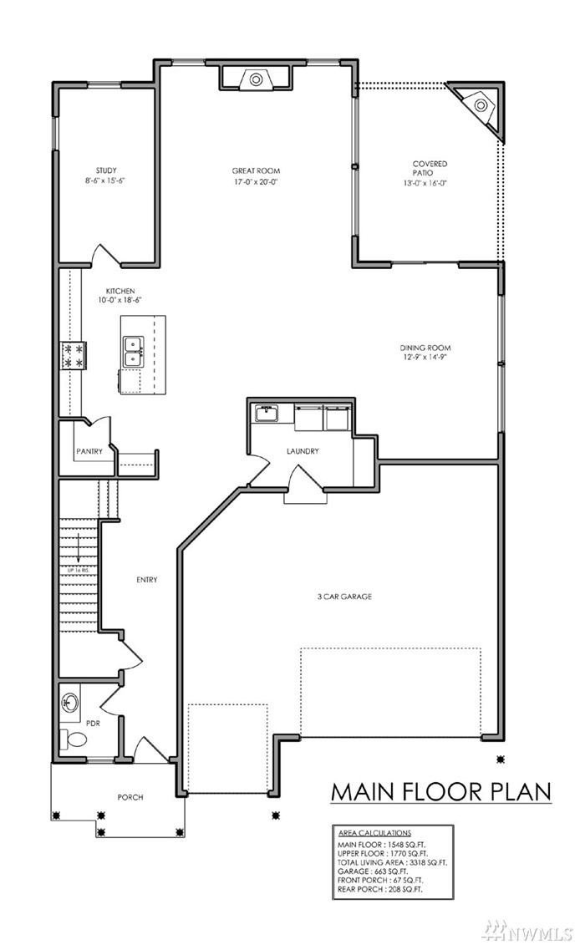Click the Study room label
[106, 170]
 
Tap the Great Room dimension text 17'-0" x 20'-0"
[257, 180]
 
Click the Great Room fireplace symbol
[255, 79]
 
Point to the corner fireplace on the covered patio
[481, 107]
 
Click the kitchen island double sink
[133, 352]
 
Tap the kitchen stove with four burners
[73, 356]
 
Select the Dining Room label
[425, 348]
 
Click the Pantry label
[89, 451]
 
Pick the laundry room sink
[265, 414]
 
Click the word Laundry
[303, 451]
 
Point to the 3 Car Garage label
[344, 597]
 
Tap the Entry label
[146, 580]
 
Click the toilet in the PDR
[74, 739]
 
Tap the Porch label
[130, 797]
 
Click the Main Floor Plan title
[440, 791]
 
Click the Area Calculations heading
[374, 833]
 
